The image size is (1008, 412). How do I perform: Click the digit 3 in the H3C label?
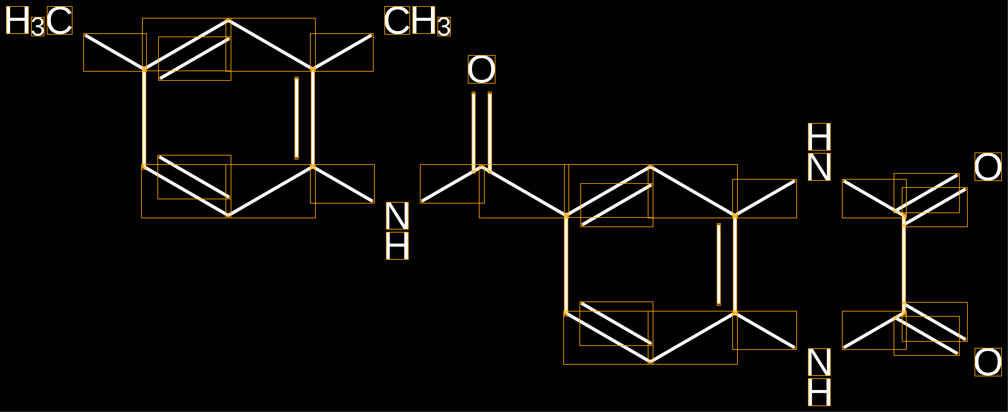(38, 27)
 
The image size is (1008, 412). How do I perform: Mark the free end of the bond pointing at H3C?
(85, 35)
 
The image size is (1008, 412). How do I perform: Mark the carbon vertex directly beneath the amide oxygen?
(482, 167)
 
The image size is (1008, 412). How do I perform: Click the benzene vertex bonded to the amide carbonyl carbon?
(566, 216)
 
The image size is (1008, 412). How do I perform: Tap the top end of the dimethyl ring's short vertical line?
(297, 78)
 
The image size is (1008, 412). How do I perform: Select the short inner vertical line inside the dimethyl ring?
(297, 118)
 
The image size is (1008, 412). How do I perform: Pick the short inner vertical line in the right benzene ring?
(719, 264)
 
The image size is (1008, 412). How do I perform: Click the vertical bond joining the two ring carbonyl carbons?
(904, 265)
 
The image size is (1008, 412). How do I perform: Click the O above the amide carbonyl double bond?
(482, 69)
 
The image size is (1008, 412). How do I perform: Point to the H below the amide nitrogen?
(397, 245)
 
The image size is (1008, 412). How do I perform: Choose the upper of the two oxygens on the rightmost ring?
(988, 167)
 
